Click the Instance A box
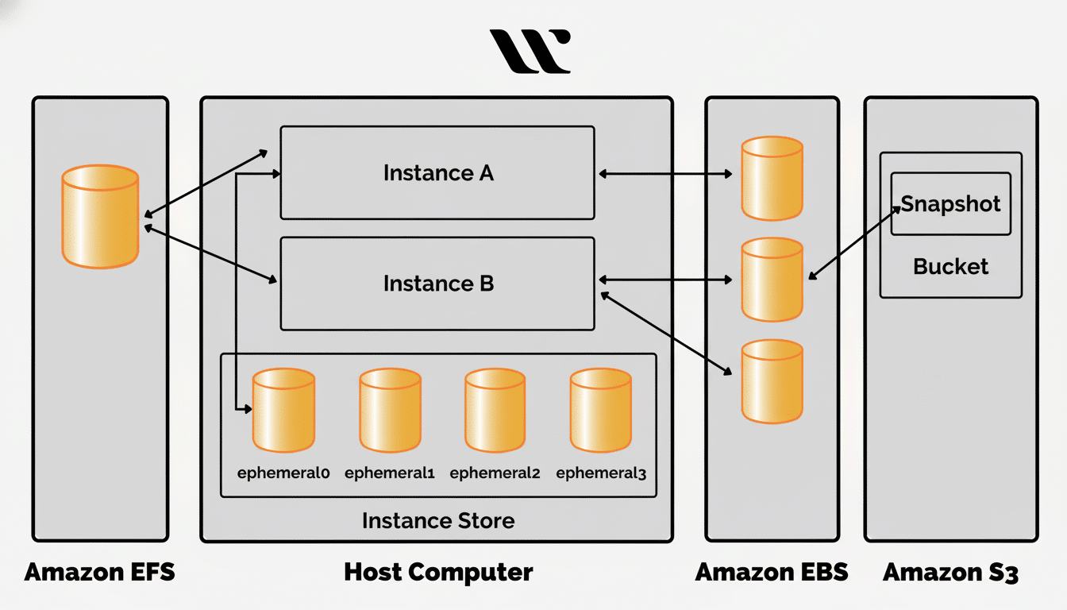tap(437, 173)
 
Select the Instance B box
tap(437, 284)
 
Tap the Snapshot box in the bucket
tap(950, 204)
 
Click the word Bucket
tap(950, 266)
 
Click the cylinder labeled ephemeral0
tap(283, 410)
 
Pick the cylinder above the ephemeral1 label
tap(389, 410)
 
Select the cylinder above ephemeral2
tap(495, 410)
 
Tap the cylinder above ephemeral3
tap(600, 410)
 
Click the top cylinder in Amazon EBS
tap(772, 178)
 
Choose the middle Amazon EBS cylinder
tap(772, 279)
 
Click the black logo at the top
tap(530, 51)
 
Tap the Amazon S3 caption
tap(950, 572)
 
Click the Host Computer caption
tap(438, 572)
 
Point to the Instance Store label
tap(438, 521)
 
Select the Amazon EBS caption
tap(772, 572)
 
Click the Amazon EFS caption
tap(99, 572)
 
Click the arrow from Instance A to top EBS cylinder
tap(665, 173)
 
